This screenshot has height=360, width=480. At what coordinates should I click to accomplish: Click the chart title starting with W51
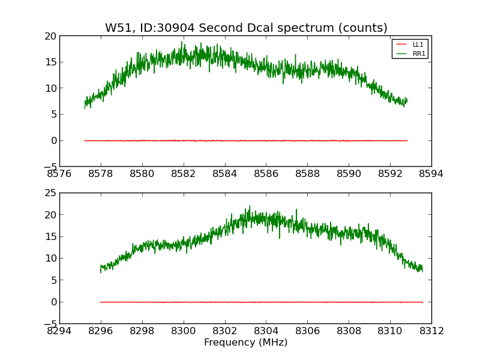click(x=246, y=28)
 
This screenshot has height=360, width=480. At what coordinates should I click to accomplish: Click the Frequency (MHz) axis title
click(x=245, y=343)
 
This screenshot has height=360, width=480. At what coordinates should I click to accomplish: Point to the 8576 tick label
click(x=59, y=174)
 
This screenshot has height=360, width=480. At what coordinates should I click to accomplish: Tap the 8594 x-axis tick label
click(x=431, y=174)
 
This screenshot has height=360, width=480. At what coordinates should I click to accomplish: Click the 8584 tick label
click(x=224, y=174)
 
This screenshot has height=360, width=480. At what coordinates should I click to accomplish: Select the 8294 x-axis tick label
click(x=59, y=331)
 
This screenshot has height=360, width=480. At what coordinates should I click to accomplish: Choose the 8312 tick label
click(x=431, y=331)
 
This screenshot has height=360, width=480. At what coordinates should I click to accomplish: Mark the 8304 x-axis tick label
click(x=266, y=331)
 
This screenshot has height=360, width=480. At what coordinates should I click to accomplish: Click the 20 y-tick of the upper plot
click(x=50, y=36)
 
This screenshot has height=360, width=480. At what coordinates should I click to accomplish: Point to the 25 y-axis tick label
click(x=50, y=193)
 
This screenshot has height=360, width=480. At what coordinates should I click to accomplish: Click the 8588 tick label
click(x=307, y=174)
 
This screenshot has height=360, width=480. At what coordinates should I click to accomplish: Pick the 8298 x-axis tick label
click(x=142, y=331)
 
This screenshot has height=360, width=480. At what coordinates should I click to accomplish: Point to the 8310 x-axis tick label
click(x=390, y=331)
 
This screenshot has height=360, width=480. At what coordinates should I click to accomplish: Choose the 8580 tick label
click(x=142, y=174)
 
